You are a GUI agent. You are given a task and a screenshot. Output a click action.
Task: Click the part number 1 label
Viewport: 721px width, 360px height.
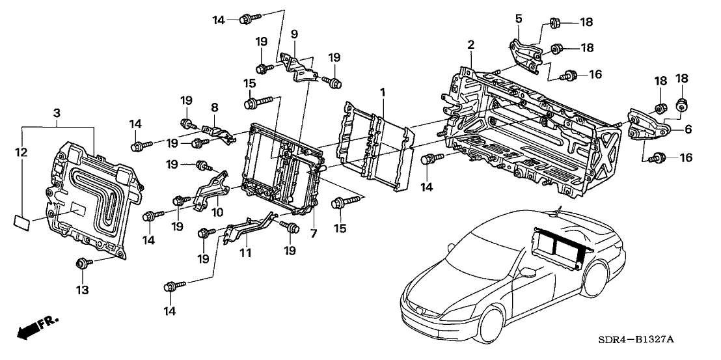383,93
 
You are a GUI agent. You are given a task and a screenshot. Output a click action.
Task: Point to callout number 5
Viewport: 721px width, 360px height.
519,18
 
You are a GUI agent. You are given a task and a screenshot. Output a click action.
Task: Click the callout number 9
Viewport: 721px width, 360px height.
293,33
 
